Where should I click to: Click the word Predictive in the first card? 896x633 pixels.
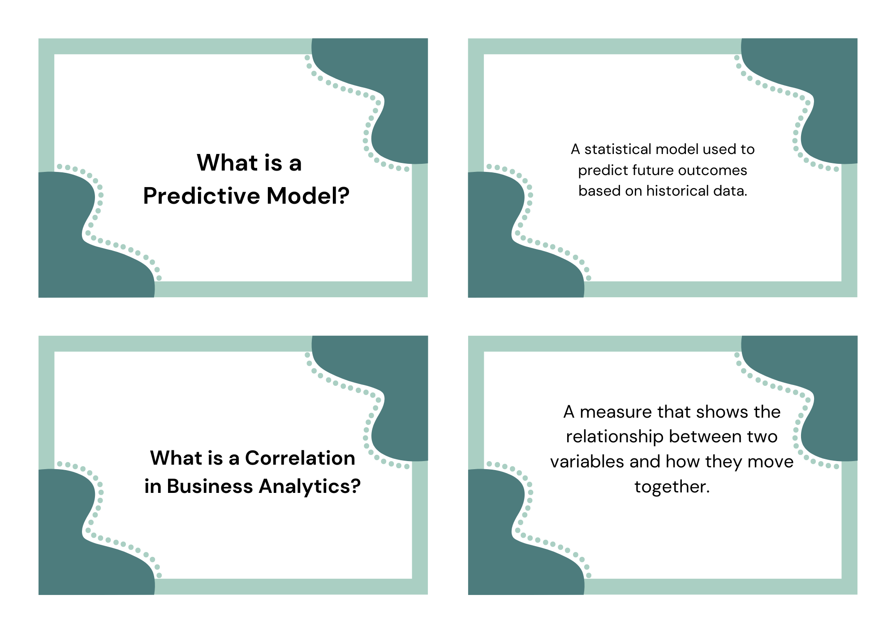click(202, 196)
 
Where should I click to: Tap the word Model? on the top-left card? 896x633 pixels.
click(308, 196)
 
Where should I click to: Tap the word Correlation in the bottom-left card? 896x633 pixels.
click(300, 458)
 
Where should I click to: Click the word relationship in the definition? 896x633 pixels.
click(615, 437)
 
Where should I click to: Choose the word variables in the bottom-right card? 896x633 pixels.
click(583, 462)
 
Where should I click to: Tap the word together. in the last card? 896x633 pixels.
click(672, 487)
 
